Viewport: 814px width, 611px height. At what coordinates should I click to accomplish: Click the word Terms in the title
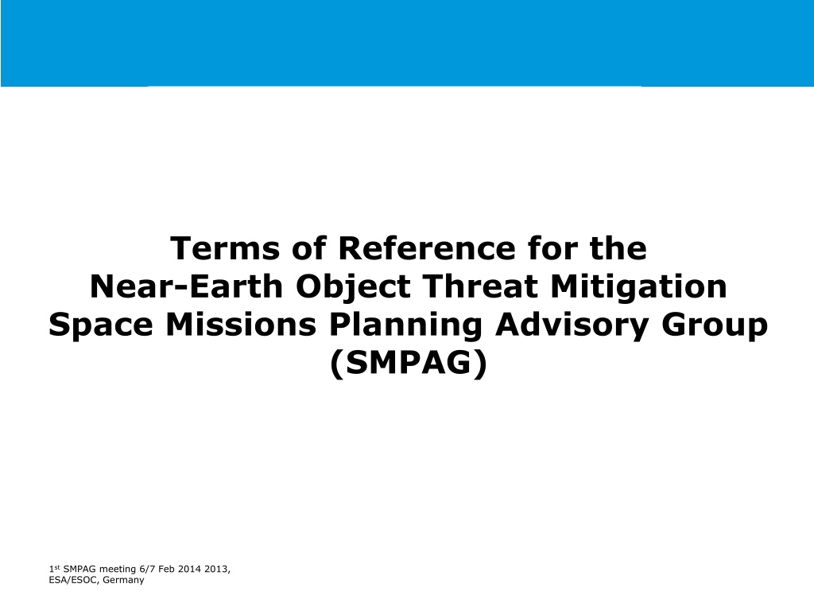tap(225, 248)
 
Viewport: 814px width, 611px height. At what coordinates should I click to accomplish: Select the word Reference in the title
tap(427, 248)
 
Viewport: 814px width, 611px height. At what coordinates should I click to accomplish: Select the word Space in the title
tap(101, 325)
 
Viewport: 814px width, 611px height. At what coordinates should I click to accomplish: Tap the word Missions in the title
tap(241, 325)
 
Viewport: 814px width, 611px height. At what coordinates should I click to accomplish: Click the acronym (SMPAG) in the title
tap(409, 363)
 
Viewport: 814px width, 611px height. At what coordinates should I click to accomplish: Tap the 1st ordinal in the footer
tap(55, 569)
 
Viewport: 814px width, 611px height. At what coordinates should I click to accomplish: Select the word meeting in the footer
tap(118, 570)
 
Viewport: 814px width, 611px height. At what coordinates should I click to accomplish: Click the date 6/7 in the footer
tap(147, 569)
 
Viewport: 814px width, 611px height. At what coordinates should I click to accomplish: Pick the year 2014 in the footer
tap(189, 569)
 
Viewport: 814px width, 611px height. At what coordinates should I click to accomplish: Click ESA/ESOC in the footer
tap(73, 580)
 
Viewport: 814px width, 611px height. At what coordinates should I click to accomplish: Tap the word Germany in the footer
tap(123, 580)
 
